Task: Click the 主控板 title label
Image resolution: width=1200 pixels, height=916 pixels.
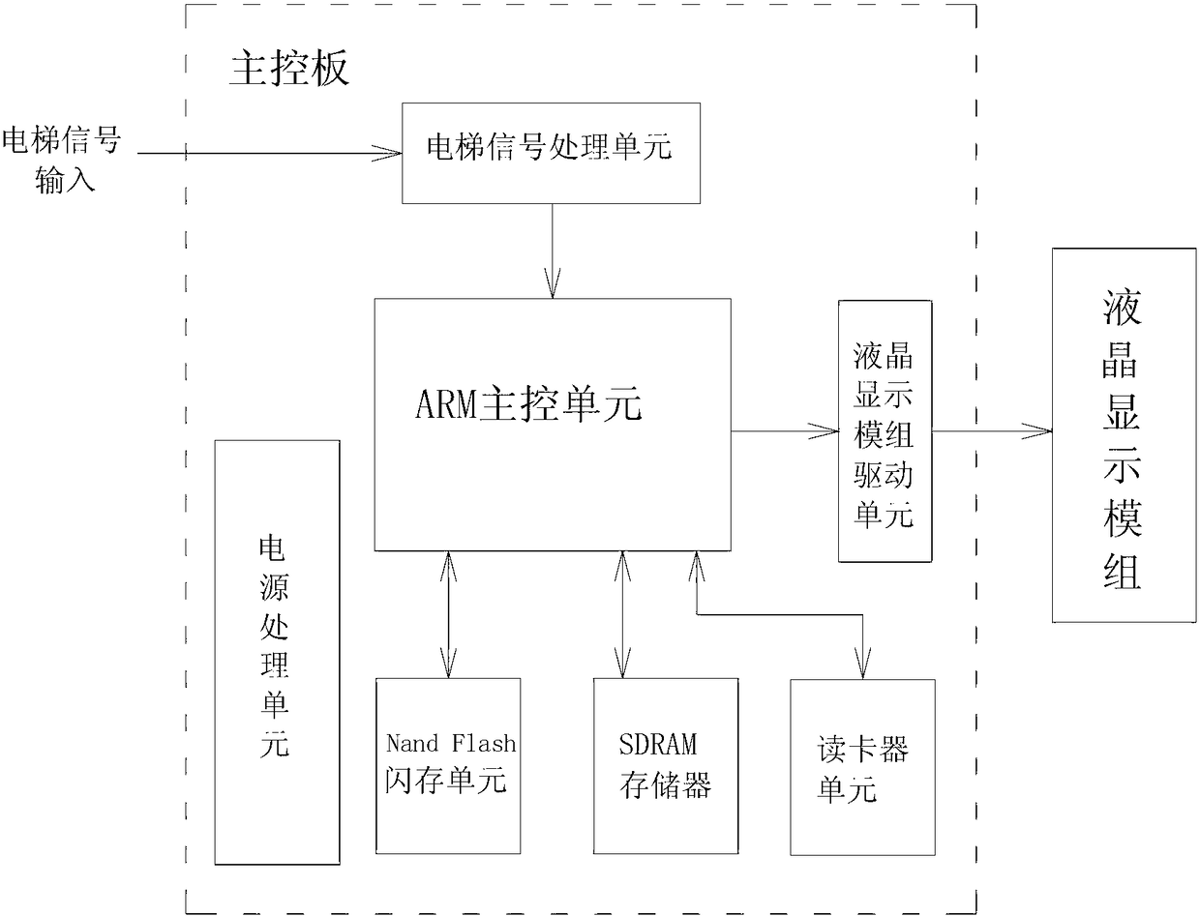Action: tap(288, 69)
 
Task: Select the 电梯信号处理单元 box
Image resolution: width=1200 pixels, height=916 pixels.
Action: tap(551, 149)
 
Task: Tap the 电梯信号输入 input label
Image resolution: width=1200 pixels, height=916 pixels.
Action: tap(61, 160)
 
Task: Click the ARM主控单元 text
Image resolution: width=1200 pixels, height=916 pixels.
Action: tap(528, 405)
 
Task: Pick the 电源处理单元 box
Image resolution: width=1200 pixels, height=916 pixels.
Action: tap(277, 652)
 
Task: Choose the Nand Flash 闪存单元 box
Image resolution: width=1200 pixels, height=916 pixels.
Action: tap(448, 764)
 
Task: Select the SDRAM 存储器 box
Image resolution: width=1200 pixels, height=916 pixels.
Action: tap(666, 764)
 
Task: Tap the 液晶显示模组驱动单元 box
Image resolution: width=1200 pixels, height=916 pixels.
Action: tap(885, 431)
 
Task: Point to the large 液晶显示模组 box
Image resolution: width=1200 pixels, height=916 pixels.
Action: tap(1123, 434)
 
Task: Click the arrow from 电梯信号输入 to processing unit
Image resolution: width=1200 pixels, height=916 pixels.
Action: tap(271, 152)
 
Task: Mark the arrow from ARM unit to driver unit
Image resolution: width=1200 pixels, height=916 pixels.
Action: tap(784, 430)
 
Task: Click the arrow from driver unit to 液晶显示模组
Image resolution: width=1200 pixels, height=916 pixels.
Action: tap(991, 430)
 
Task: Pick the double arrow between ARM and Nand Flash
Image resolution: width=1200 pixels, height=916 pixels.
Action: tap(448, 614)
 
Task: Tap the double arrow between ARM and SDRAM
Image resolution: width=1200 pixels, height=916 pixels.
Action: tap(620, 614)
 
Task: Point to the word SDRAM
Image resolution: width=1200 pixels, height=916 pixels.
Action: tap(658, 745)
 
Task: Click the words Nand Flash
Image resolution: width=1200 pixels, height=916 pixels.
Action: tap(451, 744)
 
